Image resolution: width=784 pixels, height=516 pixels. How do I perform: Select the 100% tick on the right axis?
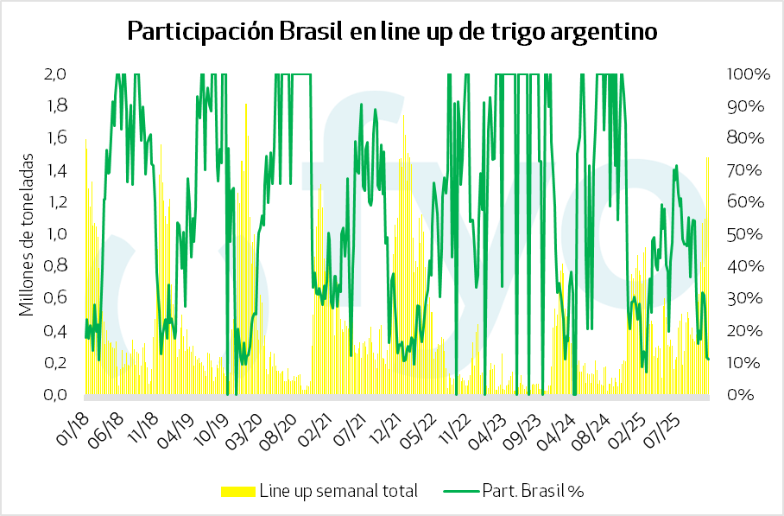(x=747, y=74)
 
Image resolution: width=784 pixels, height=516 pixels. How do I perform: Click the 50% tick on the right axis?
(x=743, y=234)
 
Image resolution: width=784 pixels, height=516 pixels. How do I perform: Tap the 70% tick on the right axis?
(x=743, y=170)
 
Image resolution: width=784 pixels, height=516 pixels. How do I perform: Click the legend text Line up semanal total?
(x=338, y=491)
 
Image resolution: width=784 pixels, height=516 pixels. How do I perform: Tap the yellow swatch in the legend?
(x=238, y=491)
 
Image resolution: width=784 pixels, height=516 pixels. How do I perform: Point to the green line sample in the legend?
(x=459, y=491)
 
